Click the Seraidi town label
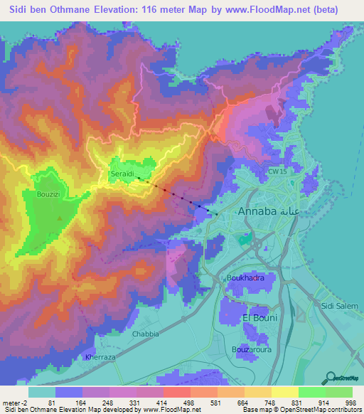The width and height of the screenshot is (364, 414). click(x=121, y=173)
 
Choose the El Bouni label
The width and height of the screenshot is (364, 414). click(x=259, y=317)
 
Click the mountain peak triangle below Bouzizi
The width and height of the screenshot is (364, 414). click(x=60, y=218)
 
